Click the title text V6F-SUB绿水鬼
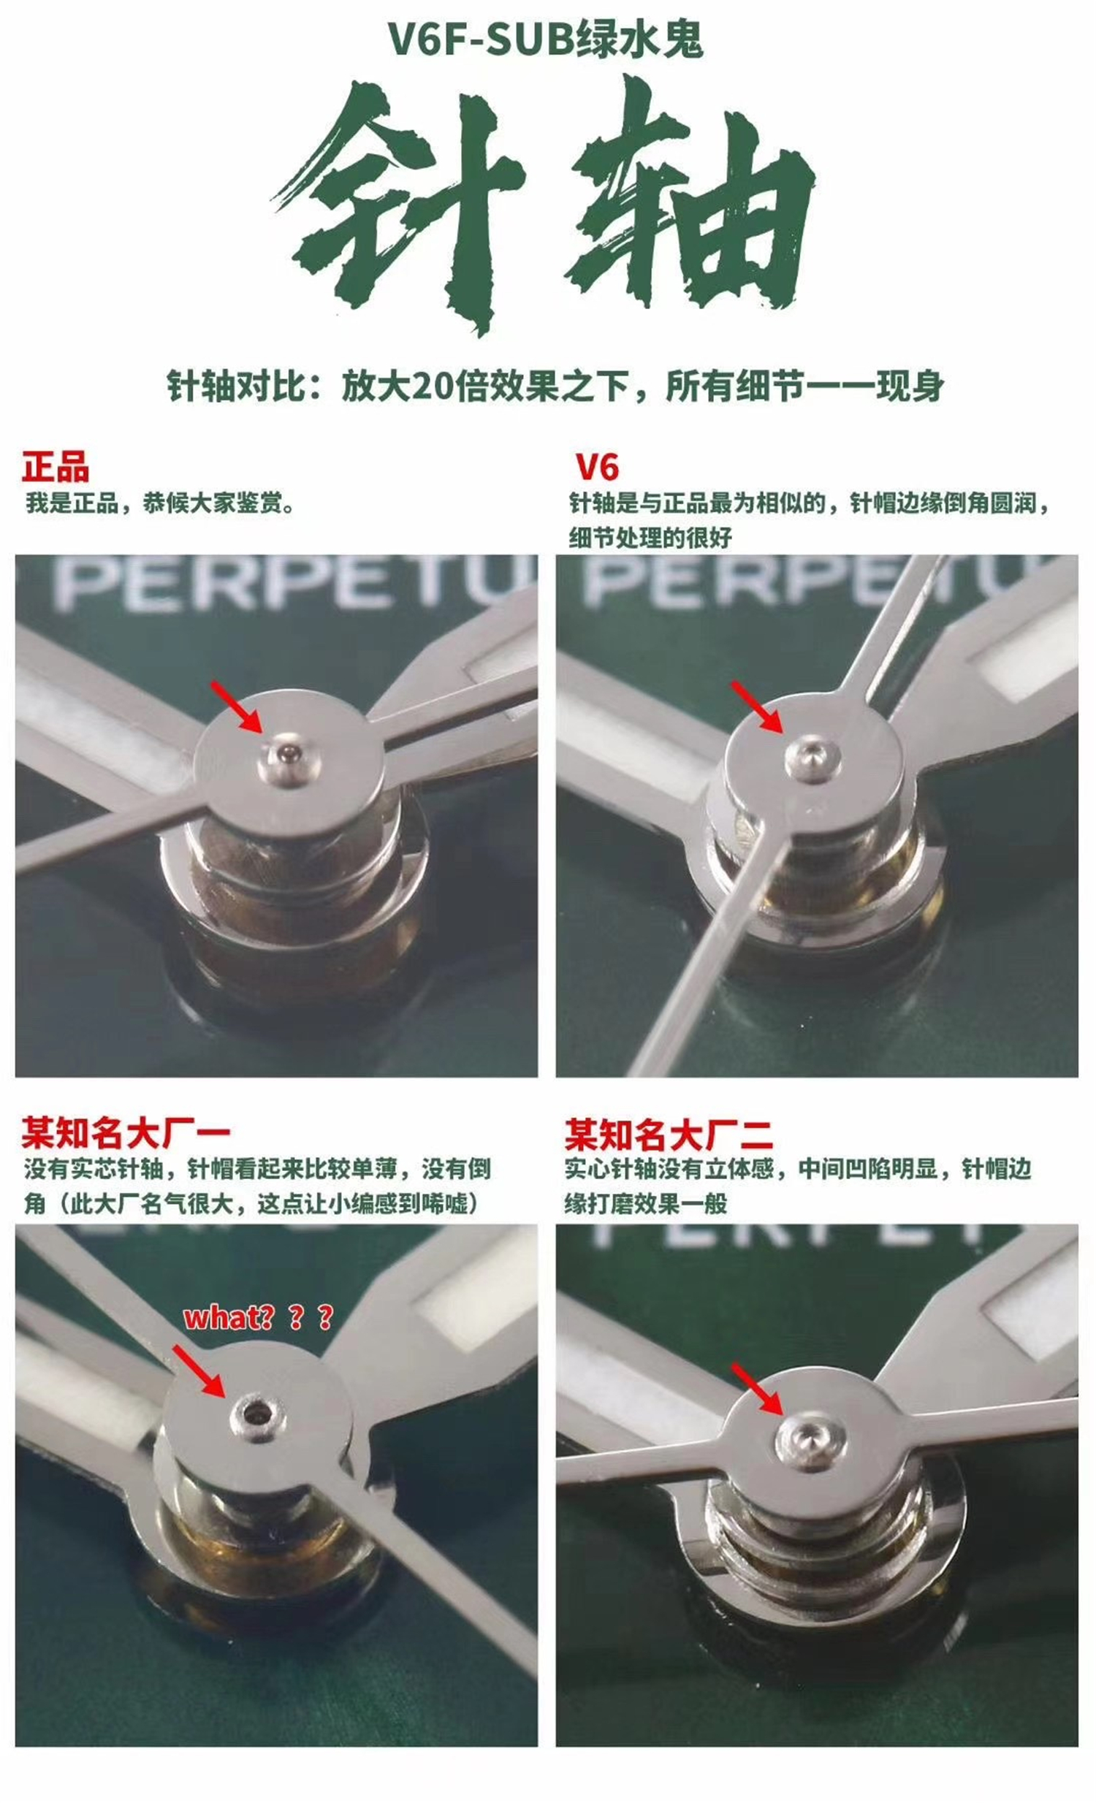coord(545,39)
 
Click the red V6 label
coord(597,467)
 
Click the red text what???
coord(258,1316)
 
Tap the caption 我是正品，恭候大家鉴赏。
coord(160,504)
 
